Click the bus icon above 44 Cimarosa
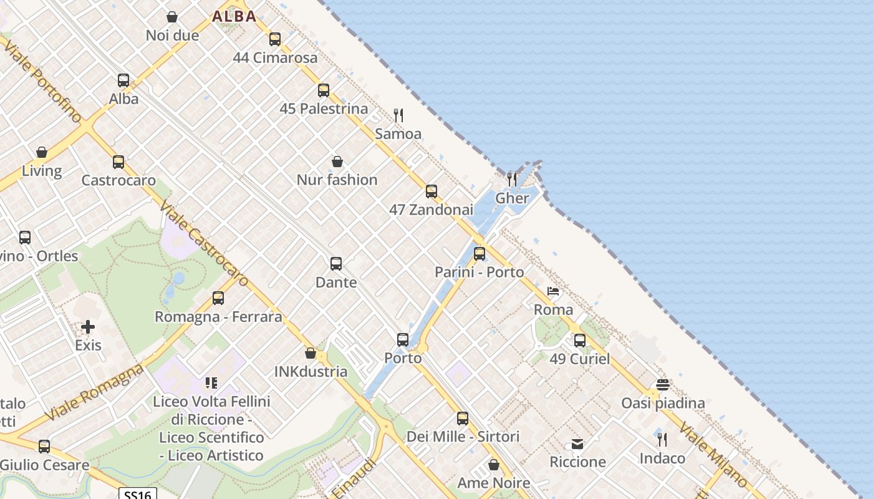tap(275, 39)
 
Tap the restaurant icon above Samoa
tap(398, 115)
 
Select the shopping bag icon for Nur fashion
tap(337, 162)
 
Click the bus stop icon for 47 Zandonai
tap(432, 191)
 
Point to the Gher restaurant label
tap(512, 198)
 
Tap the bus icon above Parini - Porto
tap(480, 254)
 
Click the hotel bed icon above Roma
tap(553, 291)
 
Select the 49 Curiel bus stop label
tap(580, 359)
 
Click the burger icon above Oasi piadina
tap(662, 385)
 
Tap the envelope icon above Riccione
tap(577, 444)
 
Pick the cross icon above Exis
tap(88, 327)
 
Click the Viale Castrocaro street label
tap(205, 244)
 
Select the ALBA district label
tap(234, 16)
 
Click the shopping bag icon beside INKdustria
tap(311, 354)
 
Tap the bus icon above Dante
tap(336, 264)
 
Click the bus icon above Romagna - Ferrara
tap(218, 298)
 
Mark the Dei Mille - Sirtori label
tap(463, 437)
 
